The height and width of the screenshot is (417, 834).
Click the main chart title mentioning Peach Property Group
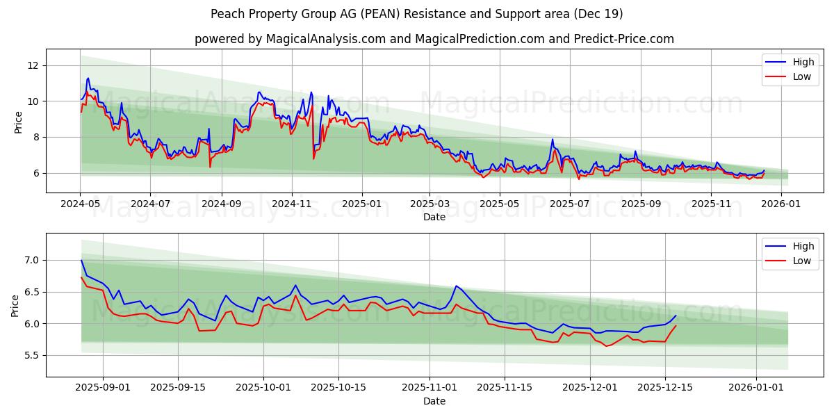(417, 14)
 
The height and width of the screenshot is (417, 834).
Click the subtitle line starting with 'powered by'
(434, 39)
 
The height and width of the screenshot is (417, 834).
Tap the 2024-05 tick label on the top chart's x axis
(81, 204)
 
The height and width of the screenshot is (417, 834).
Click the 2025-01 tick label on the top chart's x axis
(361, 204)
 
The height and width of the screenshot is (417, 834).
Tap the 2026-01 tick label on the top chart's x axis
(783, 204)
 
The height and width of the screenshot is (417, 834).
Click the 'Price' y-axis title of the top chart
(18, 122)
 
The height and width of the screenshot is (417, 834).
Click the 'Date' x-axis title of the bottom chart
(434, 401)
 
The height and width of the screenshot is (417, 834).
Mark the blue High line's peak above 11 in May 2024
(88, 78)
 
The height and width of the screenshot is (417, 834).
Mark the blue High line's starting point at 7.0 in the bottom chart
(81, 260)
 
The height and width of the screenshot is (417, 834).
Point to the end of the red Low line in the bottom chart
(676, 325)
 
